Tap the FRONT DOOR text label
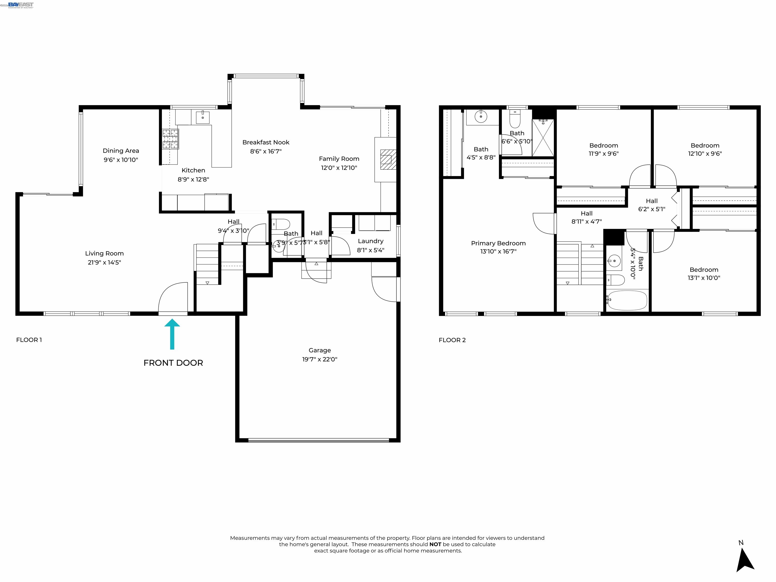pos(173,363)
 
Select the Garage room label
pos(320,350)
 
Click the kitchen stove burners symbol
pos(171,139)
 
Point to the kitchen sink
pos(202,117)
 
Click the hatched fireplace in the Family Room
pos(388,160)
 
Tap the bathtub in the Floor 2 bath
pos(627,300)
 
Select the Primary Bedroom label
pos(498,243)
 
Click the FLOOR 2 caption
pos(452,340)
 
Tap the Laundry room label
pos(371,241)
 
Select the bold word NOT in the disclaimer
pos(435,544)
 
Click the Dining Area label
pos(121,151)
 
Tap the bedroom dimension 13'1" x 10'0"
pos(704,278)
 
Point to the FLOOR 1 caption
pos(29,340)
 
